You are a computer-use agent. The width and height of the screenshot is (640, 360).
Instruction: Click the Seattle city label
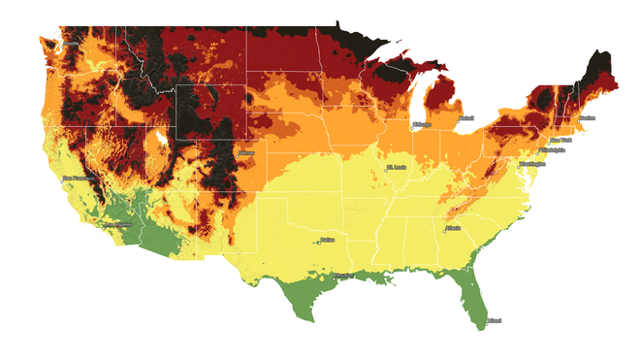tap(73, 44)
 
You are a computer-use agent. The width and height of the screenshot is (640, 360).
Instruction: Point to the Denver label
tap(247, 152)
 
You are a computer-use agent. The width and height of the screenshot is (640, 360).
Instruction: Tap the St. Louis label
tap(398, 166)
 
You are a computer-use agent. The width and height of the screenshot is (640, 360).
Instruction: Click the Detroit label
tap(466, 118)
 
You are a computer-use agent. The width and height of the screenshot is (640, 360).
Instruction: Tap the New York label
tap(562, 140)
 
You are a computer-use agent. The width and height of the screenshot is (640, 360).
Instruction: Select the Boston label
tap(587, 117)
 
